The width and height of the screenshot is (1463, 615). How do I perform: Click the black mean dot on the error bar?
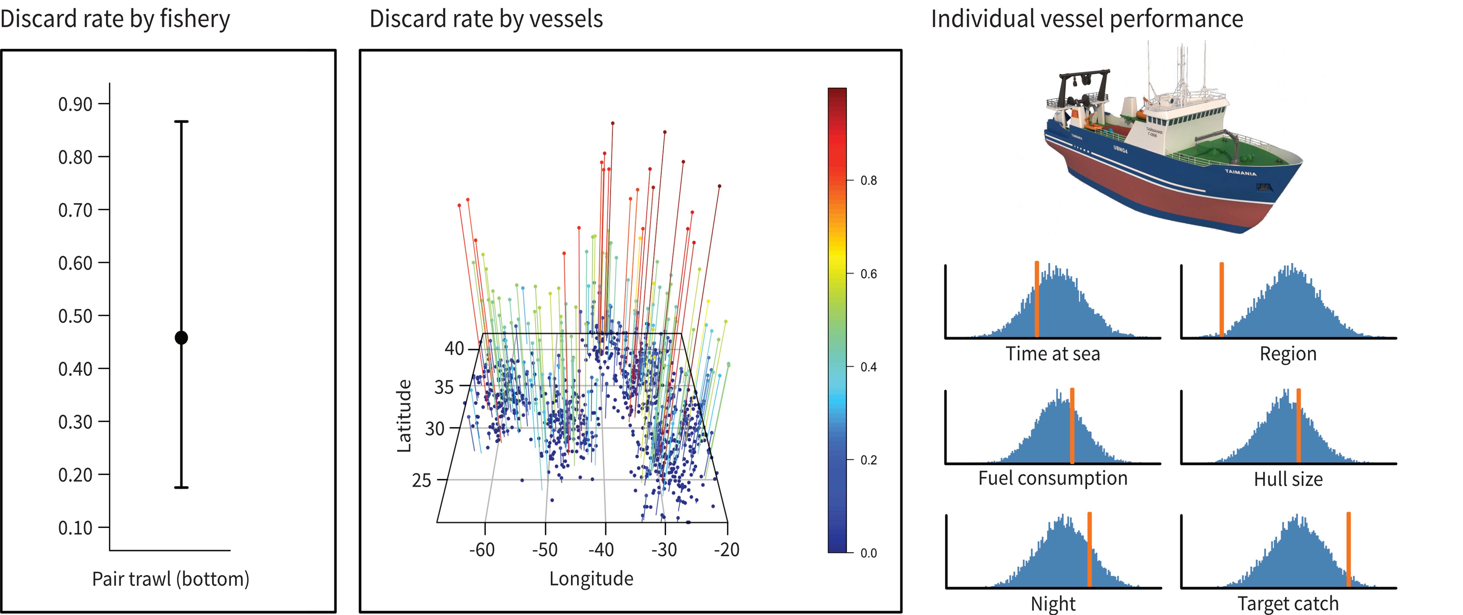(181, 338)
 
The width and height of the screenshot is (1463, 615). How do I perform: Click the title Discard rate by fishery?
(115, 19)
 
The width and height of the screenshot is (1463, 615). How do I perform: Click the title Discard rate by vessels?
(486, 19)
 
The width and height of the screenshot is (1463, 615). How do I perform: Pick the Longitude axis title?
(591, 579)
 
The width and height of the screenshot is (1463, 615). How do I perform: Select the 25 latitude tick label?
(422, 480)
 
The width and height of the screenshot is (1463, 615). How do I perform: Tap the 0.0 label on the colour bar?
(868, 553)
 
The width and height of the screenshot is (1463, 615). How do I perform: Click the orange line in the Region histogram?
(1222, 299)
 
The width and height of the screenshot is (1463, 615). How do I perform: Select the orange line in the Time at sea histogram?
(1036, 299)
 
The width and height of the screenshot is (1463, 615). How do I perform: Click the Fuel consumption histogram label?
(1052, 478)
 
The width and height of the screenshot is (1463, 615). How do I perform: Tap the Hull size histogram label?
(1288, 479)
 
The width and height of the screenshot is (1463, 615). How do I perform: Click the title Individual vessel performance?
(1086, 19)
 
